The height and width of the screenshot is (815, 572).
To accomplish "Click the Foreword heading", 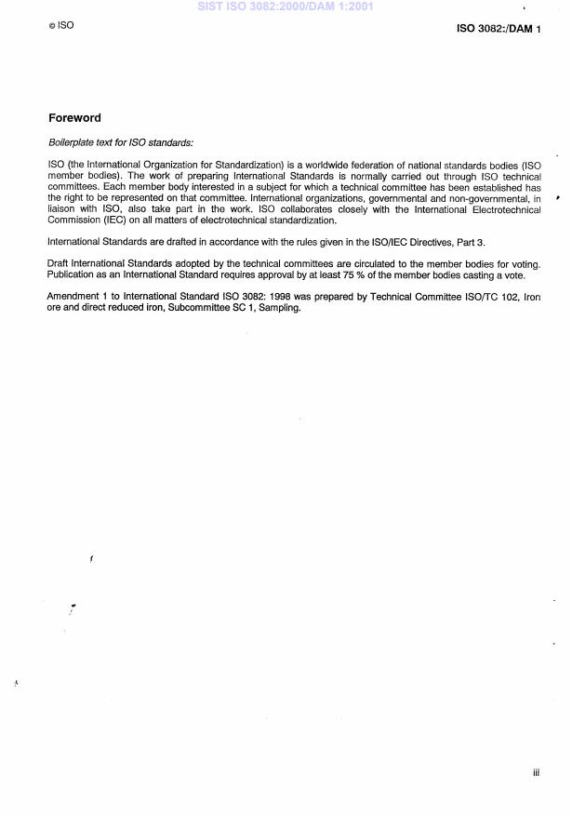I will point(74,118).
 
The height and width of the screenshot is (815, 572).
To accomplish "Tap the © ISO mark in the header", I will point(60,26).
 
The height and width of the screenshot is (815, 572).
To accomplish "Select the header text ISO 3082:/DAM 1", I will point(496,30).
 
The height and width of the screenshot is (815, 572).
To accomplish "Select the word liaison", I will point(61,209).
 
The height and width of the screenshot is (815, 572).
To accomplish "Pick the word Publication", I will point(73,274).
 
